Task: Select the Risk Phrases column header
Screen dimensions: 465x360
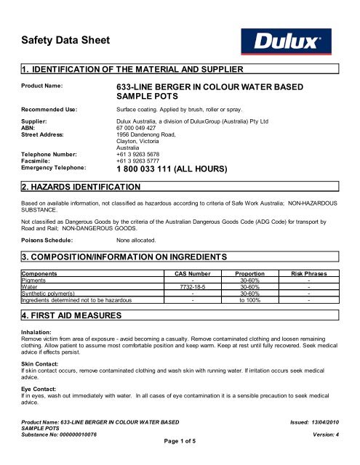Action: click(309, 274)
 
